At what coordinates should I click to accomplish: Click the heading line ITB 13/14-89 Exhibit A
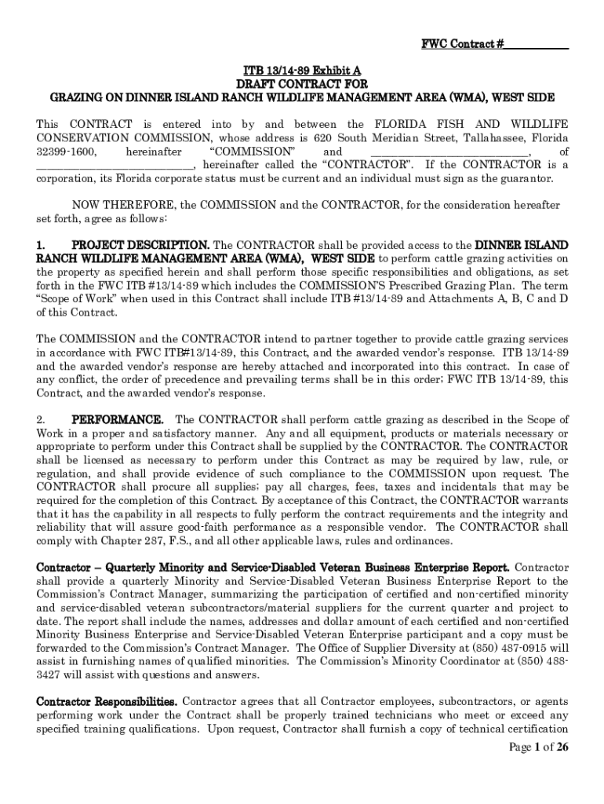pyautogui.click(x=302, y=71)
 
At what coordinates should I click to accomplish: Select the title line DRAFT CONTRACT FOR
pyautogui.click(x=302, y=84)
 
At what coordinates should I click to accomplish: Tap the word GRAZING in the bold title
pyautogui.click(x=76, y=97)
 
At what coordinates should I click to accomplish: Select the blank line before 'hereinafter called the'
pyautogui.click(x=115, y=165)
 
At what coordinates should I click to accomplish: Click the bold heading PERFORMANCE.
pyautogui.click(x=118, y=420)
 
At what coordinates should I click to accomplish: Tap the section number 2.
pyautogui.click(x=42, y=420)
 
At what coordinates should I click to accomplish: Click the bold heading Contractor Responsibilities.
pyautogui.click(x=107, y=700)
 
